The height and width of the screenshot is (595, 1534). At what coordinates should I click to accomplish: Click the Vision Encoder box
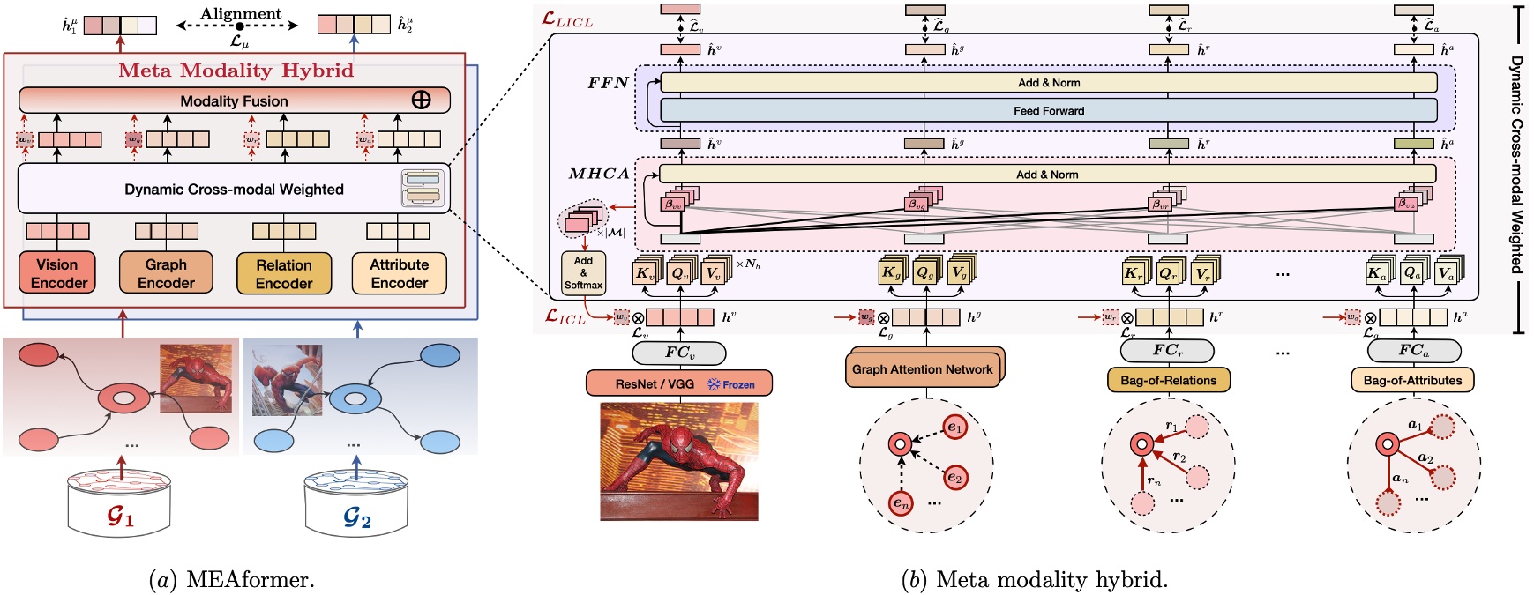point(57,273)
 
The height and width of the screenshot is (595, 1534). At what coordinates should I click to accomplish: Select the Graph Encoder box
point(166,273)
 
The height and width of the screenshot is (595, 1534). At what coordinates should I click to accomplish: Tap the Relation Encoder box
point(283,274)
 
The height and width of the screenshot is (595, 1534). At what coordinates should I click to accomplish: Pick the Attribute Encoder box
point(399,273)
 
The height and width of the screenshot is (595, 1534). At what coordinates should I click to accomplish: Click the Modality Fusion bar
point(234,100)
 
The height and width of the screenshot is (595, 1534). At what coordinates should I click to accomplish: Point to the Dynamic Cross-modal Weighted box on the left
point(234,189)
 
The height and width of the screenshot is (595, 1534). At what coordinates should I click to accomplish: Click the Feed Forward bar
point(1048,111)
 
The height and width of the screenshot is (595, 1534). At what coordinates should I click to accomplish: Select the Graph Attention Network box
point(922,369)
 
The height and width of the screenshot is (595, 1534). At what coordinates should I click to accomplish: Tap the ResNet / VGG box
point(678,383)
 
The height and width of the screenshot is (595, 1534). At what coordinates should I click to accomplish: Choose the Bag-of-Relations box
point(1168,381)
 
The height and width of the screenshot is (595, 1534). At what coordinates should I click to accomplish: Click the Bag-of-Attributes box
point(1412,381)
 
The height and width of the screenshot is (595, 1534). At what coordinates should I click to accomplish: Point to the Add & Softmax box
point(583,272)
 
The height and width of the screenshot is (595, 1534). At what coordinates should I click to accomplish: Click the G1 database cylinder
point(119,503)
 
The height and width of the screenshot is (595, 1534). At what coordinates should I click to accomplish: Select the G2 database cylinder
point(355,503)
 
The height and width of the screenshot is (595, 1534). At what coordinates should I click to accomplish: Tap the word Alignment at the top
point(241,13)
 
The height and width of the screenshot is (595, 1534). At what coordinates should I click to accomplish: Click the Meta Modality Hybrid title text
point(236,71)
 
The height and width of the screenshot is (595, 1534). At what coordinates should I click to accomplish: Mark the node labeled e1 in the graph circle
point(955,428)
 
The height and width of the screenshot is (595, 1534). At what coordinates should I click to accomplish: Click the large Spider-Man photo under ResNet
point(678,460)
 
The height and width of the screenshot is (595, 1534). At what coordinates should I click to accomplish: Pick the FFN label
point(609,83)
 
